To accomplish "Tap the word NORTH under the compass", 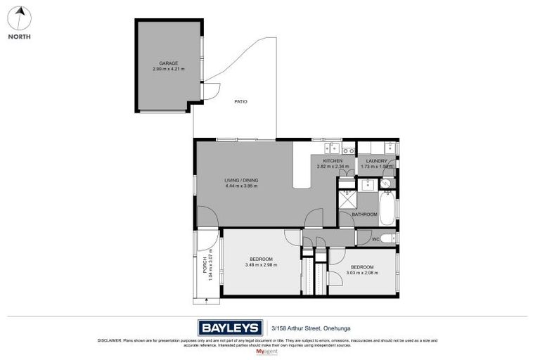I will point(20,37).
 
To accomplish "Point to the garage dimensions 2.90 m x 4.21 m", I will point(167,70).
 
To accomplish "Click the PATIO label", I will point(240,101).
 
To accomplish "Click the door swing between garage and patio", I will point(203,90).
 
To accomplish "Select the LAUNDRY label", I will point(376,161).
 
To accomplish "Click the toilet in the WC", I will point(388,238).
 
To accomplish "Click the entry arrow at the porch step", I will point(206,301).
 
